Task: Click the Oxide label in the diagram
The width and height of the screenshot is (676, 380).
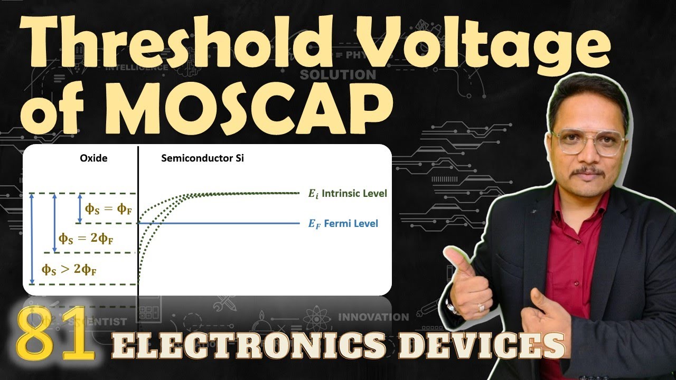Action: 93,158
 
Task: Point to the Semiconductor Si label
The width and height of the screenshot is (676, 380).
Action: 202,158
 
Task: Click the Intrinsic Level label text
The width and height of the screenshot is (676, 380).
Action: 354,194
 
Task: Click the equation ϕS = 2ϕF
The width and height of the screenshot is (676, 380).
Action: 86,239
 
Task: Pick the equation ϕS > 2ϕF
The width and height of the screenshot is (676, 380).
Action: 69,269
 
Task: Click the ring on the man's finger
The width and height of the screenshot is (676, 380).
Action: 481,307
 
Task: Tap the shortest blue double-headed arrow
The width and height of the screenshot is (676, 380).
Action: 80,208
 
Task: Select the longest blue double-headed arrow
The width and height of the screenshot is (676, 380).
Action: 32,239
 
